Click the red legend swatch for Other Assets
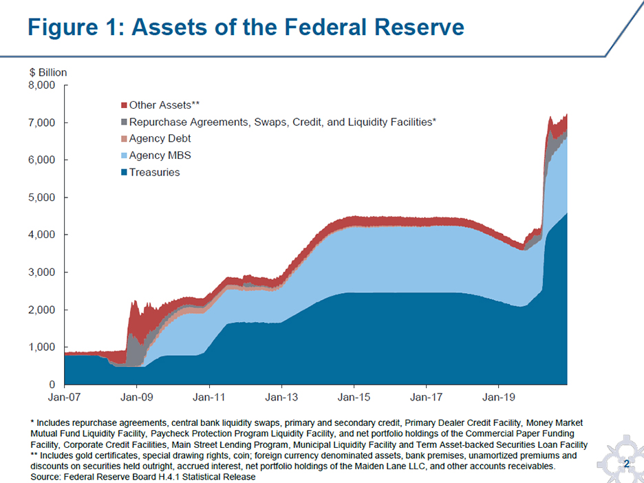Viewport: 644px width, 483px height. pyautogui.click(x=124, y=105)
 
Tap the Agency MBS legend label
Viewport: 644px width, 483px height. pyautogui.click(x=155, y=155)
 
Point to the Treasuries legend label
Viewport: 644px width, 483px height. pyautogui.click(x=154, y=172)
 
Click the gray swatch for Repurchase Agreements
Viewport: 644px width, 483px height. pyautogui.click(x=124, y=122)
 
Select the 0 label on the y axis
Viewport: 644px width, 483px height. pyautogui.click(x=52, y=384)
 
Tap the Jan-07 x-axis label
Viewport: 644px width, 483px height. pyautogui.click(x=64, y=398)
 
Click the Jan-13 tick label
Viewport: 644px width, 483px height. pyautogui.click(x=281, y=398)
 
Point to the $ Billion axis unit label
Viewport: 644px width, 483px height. pyautogui.click(x=48, y=72)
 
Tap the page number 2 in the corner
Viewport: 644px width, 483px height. pyautogui.click(x=627, y=465)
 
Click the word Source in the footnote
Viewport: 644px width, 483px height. pyautogui.click(x=45, y=477)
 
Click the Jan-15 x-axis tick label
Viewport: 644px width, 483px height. pyautogui.click(x=354, y=398)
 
